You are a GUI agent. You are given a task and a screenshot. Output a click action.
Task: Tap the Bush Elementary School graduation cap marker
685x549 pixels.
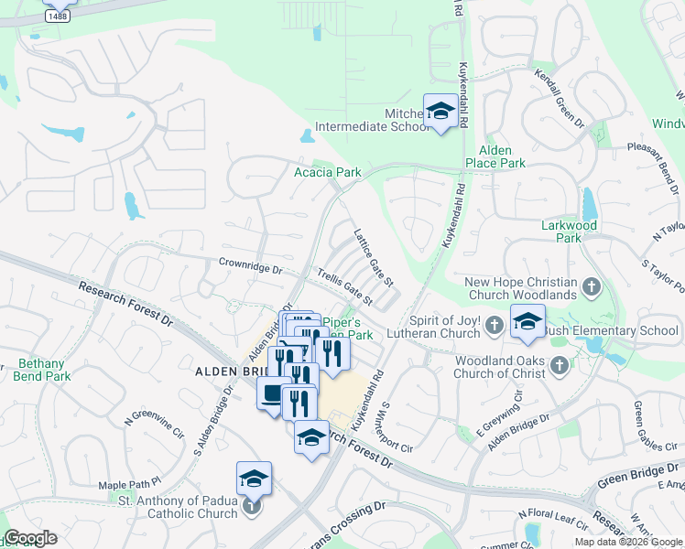tap(527, 321)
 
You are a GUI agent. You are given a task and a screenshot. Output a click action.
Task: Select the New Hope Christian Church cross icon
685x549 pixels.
tap(592, 287)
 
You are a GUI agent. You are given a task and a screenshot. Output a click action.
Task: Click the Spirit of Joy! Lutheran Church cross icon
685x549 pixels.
tap(495, 325)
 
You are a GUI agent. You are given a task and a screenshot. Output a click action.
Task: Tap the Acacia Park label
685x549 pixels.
tap(327, 172)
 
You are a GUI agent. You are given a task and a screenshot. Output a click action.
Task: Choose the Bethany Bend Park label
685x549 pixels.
tap(43, 370)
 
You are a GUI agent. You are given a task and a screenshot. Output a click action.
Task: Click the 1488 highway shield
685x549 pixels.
tap(57, 16)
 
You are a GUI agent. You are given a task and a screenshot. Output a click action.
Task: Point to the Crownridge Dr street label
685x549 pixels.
tap(250, 266)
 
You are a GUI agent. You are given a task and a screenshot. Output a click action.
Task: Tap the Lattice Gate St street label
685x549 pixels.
tap(374, 256)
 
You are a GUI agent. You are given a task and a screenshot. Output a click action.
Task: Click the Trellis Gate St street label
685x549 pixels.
tap(345, 286)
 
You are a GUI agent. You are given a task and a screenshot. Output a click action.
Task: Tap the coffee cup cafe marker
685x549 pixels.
tap(273, 394)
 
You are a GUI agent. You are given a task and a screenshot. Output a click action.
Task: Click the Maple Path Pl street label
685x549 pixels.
tap(129, 482)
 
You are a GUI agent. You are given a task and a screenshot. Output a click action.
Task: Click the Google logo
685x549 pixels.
tap(30, 538)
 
